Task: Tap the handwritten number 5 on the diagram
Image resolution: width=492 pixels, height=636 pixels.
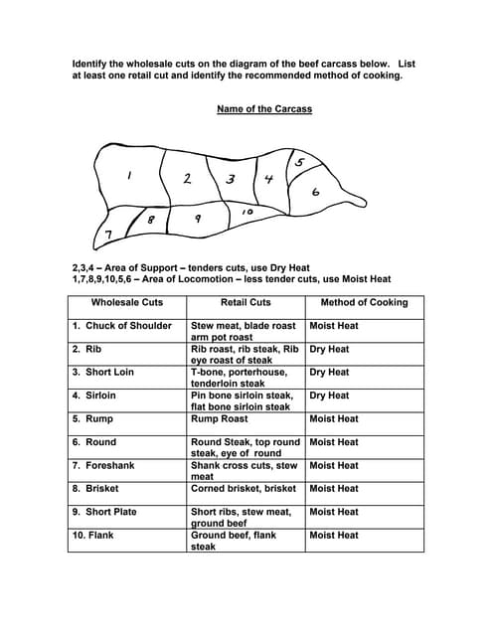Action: [x=299, y=162]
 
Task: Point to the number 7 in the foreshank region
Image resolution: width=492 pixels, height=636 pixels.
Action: [x=108, y=235]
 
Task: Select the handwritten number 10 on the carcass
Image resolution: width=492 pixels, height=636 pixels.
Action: [x=247, y=212]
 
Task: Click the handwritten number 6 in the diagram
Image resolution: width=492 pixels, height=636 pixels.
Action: [x=315, y=193]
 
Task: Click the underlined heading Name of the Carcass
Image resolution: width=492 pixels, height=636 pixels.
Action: [x=264, y=109]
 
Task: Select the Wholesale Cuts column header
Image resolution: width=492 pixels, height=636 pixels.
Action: [x=127, y=302]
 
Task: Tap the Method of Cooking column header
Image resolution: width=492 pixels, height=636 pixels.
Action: [x=364, y=302]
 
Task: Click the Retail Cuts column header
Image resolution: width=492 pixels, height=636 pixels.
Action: [x=246, y=302]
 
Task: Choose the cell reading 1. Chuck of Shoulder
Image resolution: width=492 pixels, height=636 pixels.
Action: [x=121, y=326]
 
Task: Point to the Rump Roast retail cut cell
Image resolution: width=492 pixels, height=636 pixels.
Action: [x=220, y=418]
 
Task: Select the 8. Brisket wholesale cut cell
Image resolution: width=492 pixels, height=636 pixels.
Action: [x=97, y=488]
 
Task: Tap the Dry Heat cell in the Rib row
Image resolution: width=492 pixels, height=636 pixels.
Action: [x=330, y=349]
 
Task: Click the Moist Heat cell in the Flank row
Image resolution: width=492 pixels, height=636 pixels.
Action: [x=334, y=535]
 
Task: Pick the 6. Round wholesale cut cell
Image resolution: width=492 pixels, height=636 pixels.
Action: [x=94, y=442]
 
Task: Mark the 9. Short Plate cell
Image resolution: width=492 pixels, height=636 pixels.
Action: [x=104, y=512]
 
